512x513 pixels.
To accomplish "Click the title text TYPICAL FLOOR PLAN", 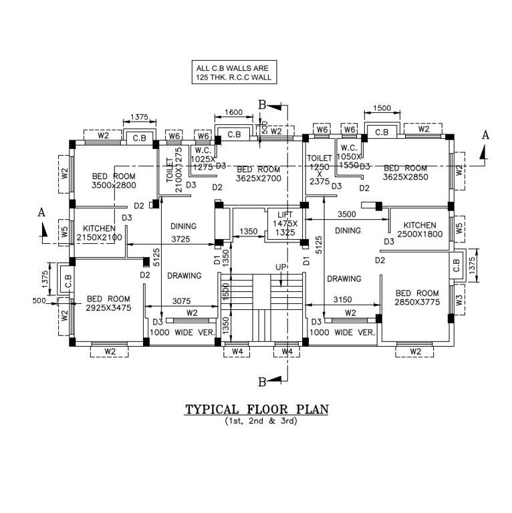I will tap(257, 409).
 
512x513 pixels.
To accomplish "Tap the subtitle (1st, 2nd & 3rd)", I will tap(257, 421).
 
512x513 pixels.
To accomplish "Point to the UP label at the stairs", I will tap(280, 267).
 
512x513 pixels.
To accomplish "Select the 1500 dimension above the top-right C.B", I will tap(382, 108).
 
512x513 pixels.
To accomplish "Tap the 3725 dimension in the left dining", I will tap(182, 238).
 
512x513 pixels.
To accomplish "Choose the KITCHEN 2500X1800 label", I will tap(420, 230).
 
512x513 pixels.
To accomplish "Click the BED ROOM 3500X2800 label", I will tap(114, 180).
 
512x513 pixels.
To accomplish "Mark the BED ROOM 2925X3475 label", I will tap(108, 303).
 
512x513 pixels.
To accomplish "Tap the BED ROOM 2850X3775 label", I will tap(417, 298).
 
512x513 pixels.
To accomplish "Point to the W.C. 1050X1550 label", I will tap(350, 156).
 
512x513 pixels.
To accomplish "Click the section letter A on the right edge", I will tap(485, 135).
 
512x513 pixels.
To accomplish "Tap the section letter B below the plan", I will tap(263, 381).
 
